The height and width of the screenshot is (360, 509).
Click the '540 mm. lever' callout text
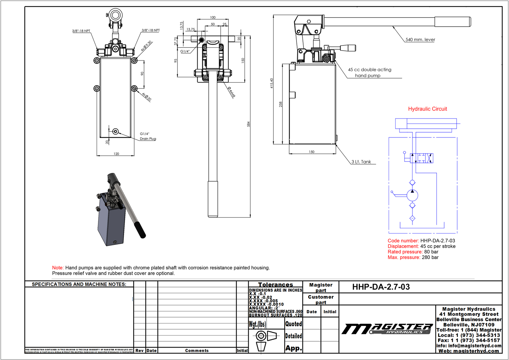[420, 40]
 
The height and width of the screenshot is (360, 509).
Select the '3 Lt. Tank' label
[361, 162]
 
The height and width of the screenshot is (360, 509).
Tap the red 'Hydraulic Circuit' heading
[427, 109]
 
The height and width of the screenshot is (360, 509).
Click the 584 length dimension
[248, 124]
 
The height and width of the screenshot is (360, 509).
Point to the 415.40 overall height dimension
[271, 83]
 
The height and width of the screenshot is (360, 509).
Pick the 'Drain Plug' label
[148, 139]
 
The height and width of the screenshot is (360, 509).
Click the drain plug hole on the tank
[115, 131]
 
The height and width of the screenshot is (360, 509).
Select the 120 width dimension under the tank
[116, 154]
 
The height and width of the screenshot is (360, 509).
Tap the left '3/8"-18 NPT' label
[81, 31]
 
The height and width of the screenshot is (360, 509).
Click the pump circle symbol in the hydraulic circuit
[412, 195]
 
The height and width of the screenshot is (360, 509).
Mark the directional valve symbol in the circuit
[422, 158]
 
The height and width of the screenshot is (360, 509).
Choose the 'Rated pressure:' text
[405, 252]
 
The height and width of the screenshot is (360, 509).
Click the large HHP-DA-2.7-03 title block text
[381, 287]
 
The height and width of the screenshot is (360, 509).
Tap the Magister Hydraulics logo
[387, 329]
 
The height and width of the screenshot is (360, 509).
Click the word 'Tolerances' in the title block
[275, 285]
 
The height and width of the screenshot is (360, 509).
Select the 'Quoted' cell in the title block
[293, 324]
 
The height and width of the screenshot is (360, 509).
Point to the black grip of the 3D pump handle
[139, 230]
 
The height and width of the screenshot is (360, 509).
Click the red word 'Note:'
[58, 268]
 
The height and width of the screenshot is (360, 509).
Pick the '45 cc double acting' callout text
[369, 70]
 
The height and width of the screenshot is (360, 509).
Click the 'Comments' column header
[197, 350]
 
